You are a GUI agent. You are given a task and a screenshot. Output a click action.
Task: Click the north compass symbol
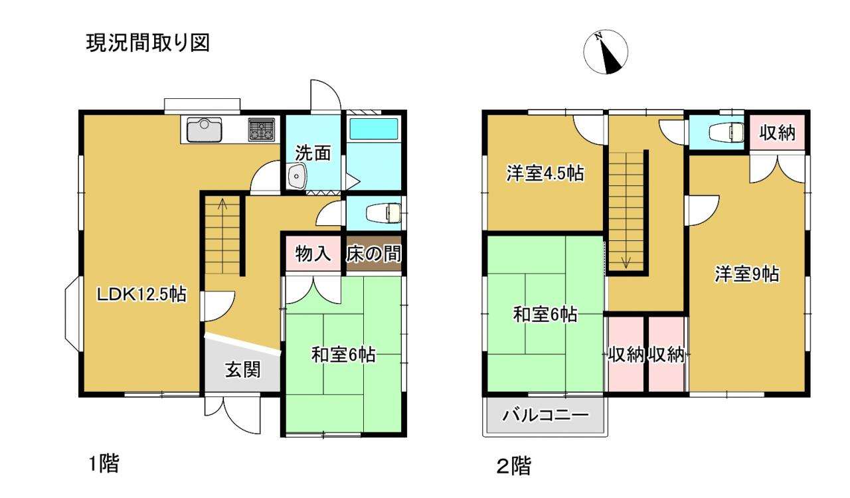pyautogui.click(x=605, y=52)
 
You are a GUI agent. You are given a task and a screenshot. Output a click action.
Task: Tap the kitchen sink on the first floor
pyautogui.click(x=204, y=129)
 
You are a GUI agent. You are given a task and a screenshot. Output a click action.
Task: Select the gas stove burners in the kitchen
pyautogui.click(x=262, y=129)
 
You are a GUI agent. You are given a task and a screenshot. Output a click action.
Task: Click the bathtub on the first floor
pyautogui.click(x=373, y=128)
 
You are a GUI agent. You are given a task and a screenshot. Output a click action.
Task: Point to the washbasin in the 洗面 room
pyautogui.click(x=297, y=176)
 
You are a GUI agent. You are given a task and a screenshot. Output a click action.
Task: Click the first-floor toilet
pyautogui.click(x=384, y=213)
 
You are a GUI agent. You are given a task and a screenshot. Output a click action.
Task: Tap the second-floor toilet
pyautogui.click(x=726, y=133)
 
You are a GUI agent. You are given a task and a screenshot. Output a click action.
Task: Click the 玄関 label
pyautogui.click(x=243, y=369)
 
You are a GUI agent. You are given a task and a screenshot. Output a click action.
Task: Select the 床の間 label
pyautogui.click(x=373, y=254)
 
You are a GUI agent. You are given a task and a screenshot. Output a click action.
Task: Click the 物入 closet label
pyautogui.click(x=313, y=254)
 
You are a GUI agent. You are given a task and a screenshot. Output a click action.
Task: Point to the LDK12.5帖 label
pyautogui.click(x=141, y=294)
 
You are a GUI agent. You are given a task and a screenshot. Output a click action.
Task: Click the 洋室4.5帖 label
pyautogui.click(x=545, y=173)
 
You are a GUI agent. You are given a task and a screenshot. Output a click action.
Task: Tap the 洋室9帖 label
pyautogui.click(x=747, y=274)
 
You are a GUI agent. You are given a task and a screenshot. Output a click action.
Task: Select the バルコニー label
pyautogui.click(x=545, y=415)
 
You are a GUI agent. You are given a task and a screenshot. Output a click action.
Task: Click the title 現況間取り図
pyautogui.click(x=148, y=42)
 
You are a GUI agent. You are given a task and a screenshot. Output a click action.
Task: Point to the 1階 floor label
pyautogui.click(x=104, y=463)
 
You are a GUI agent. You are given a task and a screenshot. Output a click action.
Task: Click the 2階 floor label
pyautogui.click(x=514, y=466)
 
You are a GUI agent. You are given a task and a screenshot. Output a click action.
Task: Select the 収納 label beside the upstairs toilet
pyautogui.click(x=777, y=133)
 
